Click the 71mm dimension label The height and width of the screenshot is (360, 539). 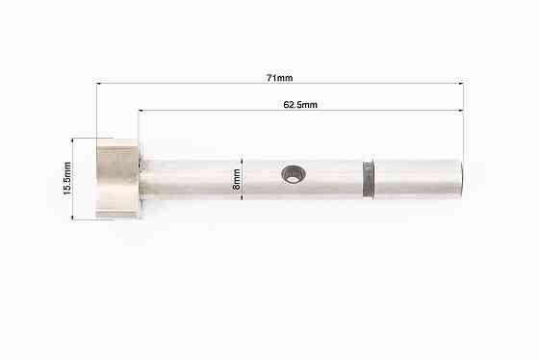(279, 78)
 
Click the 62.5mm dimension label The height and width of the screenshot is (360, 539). (300, 105)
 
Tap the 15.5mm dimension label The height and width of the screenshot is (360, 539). (67, 178)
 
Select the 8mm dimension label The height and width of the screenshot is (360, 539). (237, 179)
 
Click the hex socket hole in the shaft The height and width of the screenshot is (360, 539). (294, 173)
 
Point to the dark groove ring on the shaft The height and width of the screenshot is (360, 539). (369, 179)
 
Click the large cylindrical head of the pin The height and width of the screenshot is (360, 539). (117, 178)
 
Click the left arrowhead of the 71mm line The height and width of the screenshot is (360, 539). (98, 83)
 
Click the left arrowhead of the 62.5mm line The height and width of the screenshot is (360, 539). (141, 111)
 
